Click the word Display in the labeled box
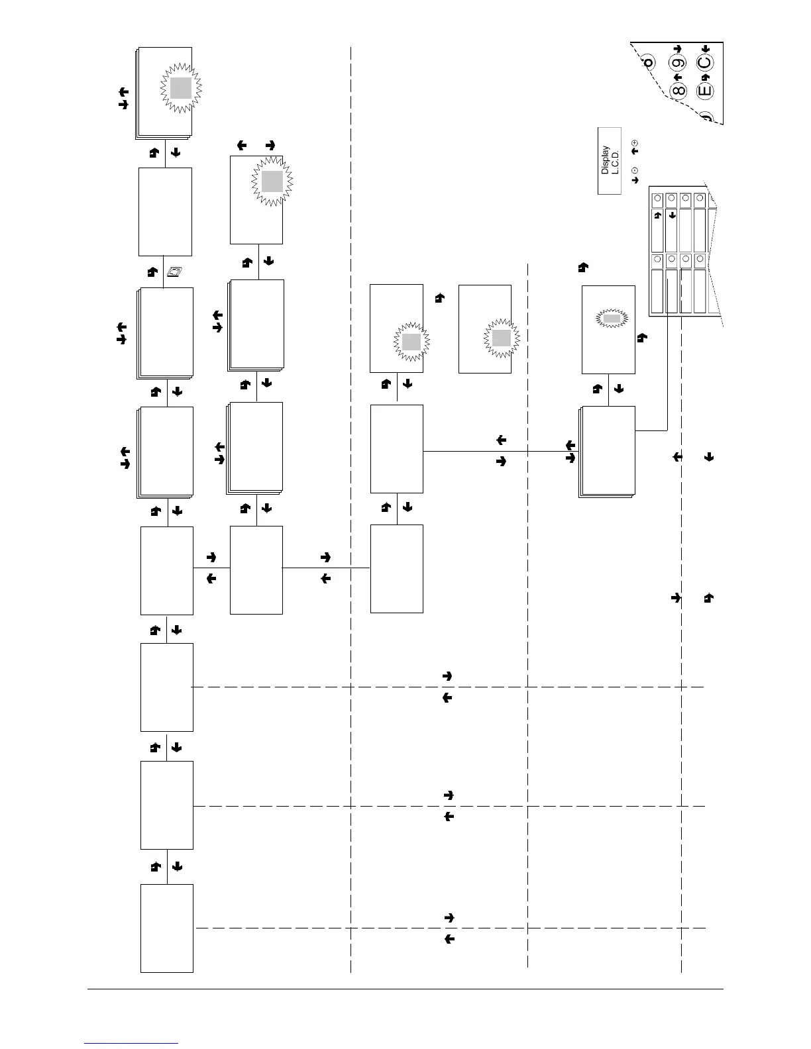(605, 160)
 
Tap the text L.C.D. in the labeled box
(614, 160)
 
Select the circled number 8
(678, 89)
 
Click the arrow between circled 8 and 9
(678, 77)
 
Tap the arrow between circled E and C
(705, 77)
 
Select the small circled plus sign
(635, 142)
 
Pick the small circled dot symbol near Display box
(635, 171)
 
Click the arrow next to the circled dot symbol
(635, 179)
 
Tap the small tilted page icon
(176, 272)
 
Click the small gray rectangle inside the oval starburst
(612, 319)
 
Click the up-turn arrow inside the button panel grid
(657, 215)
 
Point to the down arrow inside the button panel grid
(672, 215)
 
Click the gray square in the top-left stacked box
(181, 88)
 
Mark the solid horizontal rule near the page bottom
(405, 990)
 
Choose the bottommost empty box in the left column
(167, 928)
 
